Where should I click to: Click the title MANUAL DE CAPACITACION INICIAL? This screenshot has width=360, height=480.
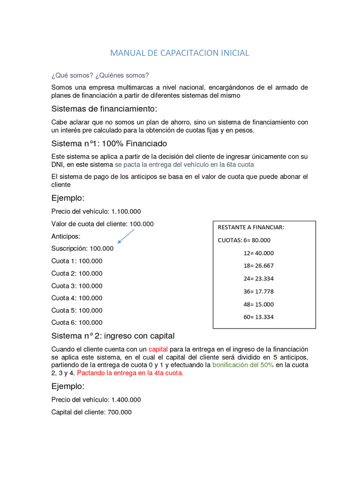click(180, 53)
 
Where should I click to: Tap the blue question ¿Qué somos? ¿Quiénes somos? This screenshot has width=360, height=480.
click(100, 75)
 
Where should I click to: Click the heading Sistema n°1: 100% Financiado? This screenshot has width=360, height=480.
click(109, 143)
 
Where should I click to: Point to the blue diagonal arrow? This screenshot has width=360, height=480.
click(126, 236)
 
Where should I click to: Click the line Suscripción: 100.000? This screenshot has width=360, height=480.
click(82, 248)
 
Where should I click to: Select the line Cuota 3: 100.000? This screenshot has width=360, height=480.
click(77, 286)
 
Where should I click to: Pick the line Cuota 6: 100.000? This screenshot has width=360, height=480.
click(77, 322)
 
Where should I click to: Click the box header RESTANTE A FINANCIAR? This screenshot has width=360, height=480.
click(251, 228)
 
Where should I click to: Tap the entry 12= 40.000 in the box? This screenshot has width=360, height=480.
click(259, 253)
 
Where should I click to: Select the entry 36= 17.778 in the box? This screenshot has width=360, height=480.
click(259, 291)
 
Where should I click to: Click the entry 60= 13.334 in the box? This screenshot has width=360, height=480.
click(259, 317)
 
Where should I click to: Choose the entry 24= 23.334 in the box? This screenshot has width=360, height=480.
click(259, 278)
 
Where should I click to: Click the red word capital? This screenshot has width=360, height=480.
click(157, 349)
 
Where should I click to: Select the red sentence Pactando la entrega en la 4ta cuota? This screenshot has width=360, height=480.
click(130, 373)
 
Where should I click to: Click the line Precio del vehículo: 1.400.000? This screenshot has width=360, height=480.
click(96, 400)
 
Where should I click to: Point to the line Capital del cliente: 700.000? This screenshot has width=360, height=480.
click(91, 412)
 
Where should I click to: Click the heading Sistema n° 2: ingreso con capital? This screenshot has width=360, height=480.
click(113, 336)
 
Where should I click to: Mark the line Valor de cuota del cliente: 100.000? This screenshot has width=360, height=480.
click(102, 224)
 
